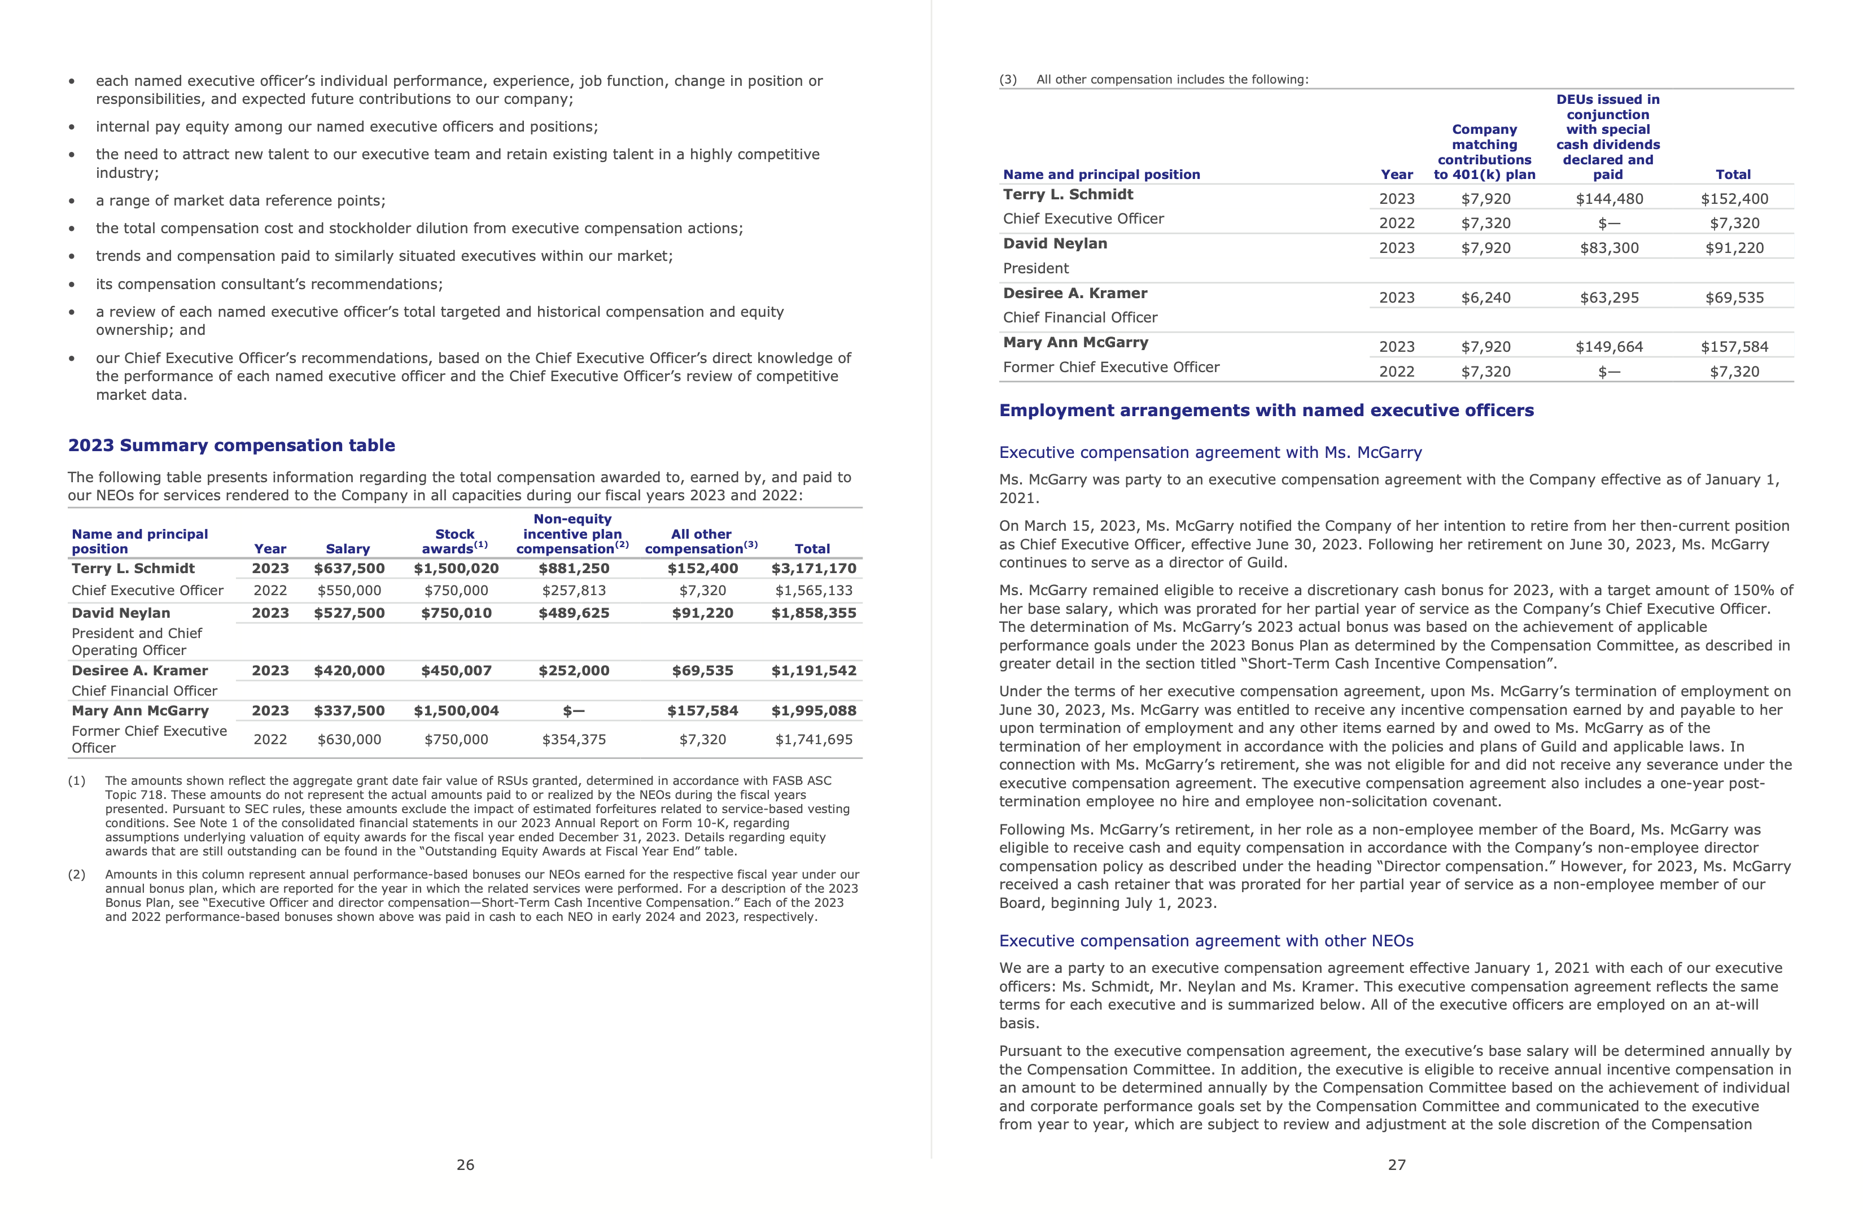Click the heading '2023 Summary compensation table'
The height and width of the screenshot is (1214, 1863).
(231, 446)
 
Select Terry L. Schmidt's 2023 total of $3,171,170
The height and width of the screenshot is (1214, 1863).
(814, 568)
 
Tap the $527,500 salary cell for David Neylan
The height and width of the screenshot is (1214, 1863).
(349, 613)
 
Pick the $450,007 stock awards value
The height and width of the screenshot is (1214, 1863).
(456, 670)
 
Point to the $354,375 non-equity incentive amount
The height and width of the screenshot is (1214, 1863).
(574, 739)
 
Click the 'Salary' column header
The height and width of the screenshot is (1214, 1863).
(348, 549)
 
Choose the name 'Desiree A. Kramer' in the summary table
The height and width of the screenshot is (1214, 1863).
(139, 670)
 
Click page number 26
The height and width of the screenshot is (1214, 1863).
(465, 1165)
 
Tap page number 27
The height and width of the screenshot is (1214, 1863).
(1397, 1165)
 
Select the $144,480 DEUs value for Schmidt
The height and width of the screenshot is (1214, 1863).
(1608, 199)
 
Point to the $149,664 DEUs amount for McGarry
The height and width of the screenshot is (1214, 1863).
(1608, 347)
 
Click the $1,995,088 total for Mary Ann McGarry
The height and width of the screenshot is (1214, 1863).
(814, 711)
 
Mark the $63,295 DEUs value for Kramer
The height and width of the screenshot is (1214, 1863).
(1608, 298)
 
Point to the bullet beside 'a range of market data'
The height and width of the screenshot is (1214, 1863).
(72, 201)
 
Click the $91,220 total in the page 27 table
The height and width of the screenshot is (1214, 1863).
(1734, 248)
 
